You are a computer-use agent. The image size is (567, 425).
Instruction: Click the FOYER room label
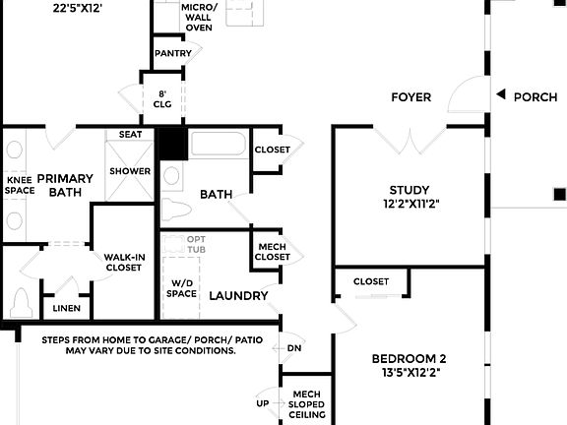(410, 96)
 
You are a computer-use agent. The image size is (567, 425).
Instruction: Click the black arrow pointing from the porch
(500, 95)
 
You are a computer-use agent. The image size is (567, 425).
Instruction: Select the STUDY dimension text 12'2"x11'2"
(410, 205)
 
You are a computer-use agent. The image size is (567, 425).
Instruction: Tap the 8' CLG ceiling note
(162, 100)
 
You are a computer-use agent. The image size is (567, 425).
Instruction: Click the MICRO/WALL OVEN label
(198, 17)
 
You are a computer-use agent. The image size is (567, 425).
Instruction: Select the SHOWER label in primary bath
(130, 171)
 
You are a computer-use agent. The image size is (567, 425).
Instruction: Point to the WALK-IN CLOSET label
(124, 263)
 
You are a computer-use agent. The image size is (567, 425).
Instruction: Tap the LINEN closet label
(66, 308)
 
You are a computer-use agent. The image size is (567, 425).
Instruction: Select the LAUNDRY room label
(238, 295)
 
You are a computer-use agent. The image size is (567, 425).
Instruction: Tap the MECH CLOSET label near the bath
(273, 252)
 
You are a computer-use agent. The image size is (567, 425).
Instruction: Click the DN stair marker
(293, 347)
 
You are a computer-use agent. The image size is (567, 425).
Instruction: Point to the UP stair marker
(262, 403)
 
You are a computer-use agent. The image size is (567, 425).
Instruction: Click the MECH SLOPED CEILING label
(306, 404)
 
